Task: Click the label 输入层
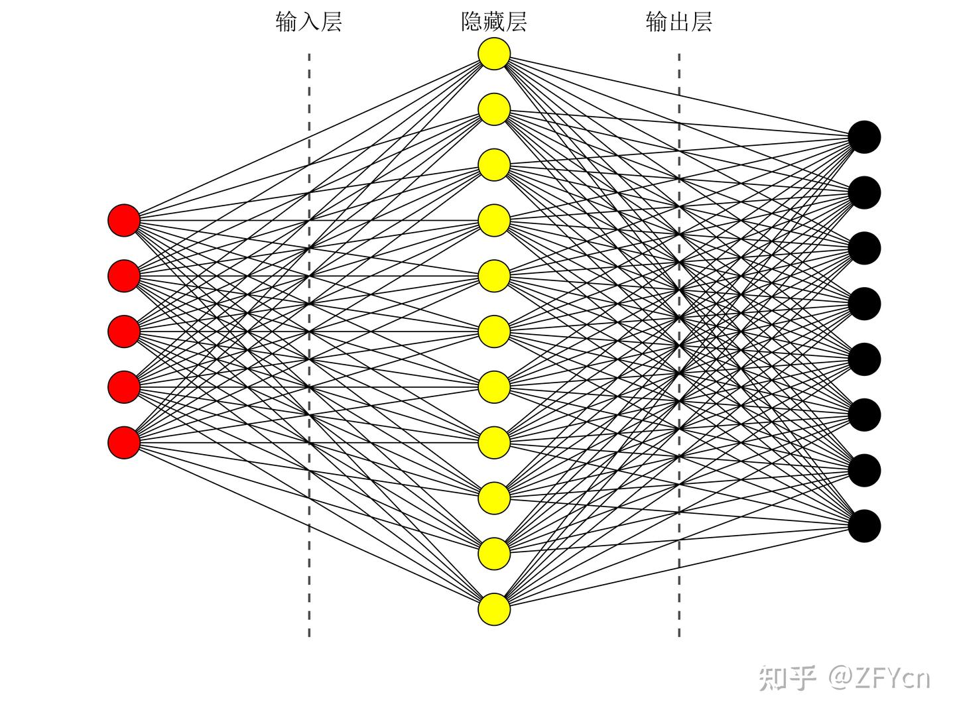pos(308,22)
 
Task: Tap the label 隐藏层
pos(494,22)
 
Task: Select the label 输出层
pos(679,22)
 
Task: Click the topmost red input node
pos(124,220)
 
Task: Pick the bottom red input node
pos(124,442)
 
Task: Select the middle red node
pos(124,331)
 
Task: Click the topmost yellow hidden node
pos(494,54)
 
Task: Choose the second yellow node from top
pos(494,109)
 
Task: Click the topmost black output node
pos(864,137)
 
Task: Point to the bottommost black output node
pos(864,526)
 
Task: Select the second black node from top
pos(864,193)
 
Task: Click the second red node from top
pos(124,276)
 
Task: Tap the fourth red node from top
pos(124,387)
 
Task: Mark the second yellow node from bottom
pos(494,554)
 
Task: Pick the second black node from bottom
pos(864,470)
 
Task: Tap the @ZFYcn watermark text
pos(879,678)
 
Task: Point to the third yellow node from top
pos(494,165)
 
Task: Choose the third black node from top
pos(864,248)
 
